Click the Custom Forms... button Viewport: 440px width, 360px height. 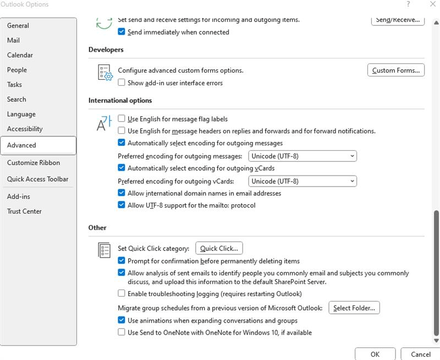(x=395, y=70)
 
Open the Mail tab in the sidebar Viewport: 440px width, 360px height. (x=14, y=40)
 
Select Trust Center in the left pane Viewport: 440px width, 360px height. (x=24, y=211)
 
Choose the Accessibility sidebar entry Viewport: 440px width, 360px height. (x=25, y=129)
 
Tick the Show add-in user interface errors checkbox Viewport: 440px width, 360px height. (x=122, y=83)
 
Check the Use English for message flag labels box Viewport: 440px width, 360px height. (x=122, y=119)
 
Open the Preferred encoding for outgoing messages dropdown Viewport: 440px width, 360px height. (x=302, y=156)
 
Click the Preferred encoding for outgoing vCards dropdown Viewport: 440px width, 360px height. (x=302, y=181)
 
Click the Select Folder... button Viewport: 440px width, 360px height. (x=354, y=308)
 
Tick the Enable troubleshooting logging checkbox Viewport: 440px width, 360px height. (x=122, y=294)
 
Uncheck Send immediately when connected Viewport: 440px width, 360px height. (x=122, y=32)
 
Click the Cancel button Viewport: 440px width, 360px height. (x=420, y=354)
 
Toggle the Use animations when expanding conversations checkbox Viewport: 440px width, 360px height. (x=122, y=320)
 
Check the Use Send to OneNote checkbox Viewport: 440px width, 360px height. (x=122, y=332)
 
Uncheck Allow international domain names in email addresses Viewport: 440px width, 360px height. (x=122, y=193)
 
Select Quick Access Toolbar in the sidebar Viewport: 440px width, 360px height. (x=37, y=179)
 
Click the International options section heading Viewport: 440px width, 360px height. (x=120, y=101)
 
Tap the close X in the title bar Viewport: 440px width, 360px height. (x=432, y=4)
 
